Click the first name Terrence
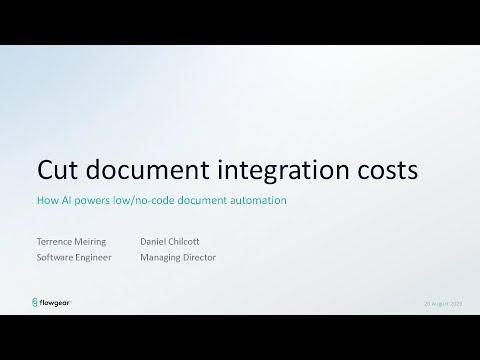tap(55, 241)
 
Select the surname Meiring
tap(96, 242)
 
